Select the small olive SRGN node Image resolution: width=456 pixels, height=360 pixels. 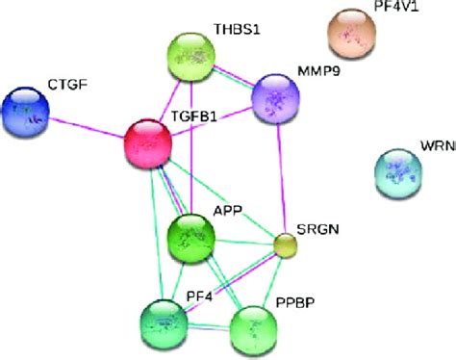[285, 245]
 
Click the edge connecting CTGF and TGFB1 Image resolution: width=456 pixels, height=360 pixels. [87, 126]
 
